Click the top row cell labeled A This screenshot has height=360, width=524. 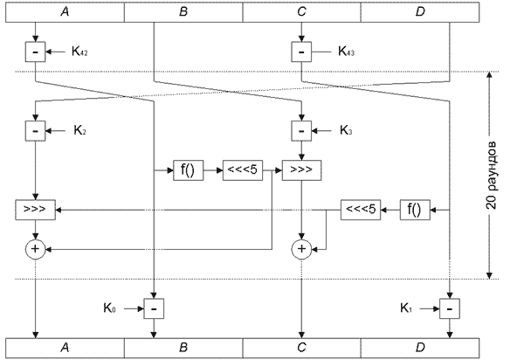[x=65, y=12]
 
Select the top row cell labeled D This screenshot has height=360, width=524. [x=420, y=12]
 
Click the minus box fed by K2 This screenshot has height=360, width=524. [x=36, y=131]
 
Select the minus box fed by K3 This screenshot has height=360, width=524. [x=301, y=131]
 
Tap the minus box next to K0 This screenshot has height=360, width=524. [x=154, y=308]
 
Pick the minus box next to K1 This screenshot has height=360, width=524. [x=450, y=308]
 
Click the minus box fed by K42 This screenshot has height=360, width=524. [x=36, y=52]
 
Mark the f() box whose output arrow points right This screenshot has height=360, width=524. [x=187, y=170]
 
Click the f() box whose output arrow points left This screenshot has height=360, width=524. [x=416, y=209]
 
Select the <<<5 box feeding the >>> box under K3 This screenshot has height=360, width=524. [x=242, y=170]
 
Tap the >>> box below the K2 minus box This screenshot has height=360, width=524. [x=36, y=210]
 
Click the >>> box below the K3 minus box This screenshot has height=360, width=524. [x=301, y=170]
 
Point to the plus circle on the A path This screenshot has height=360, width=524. [x=36, y=250]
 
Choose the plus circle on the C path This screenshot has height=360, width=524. [x=301, y=250]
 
